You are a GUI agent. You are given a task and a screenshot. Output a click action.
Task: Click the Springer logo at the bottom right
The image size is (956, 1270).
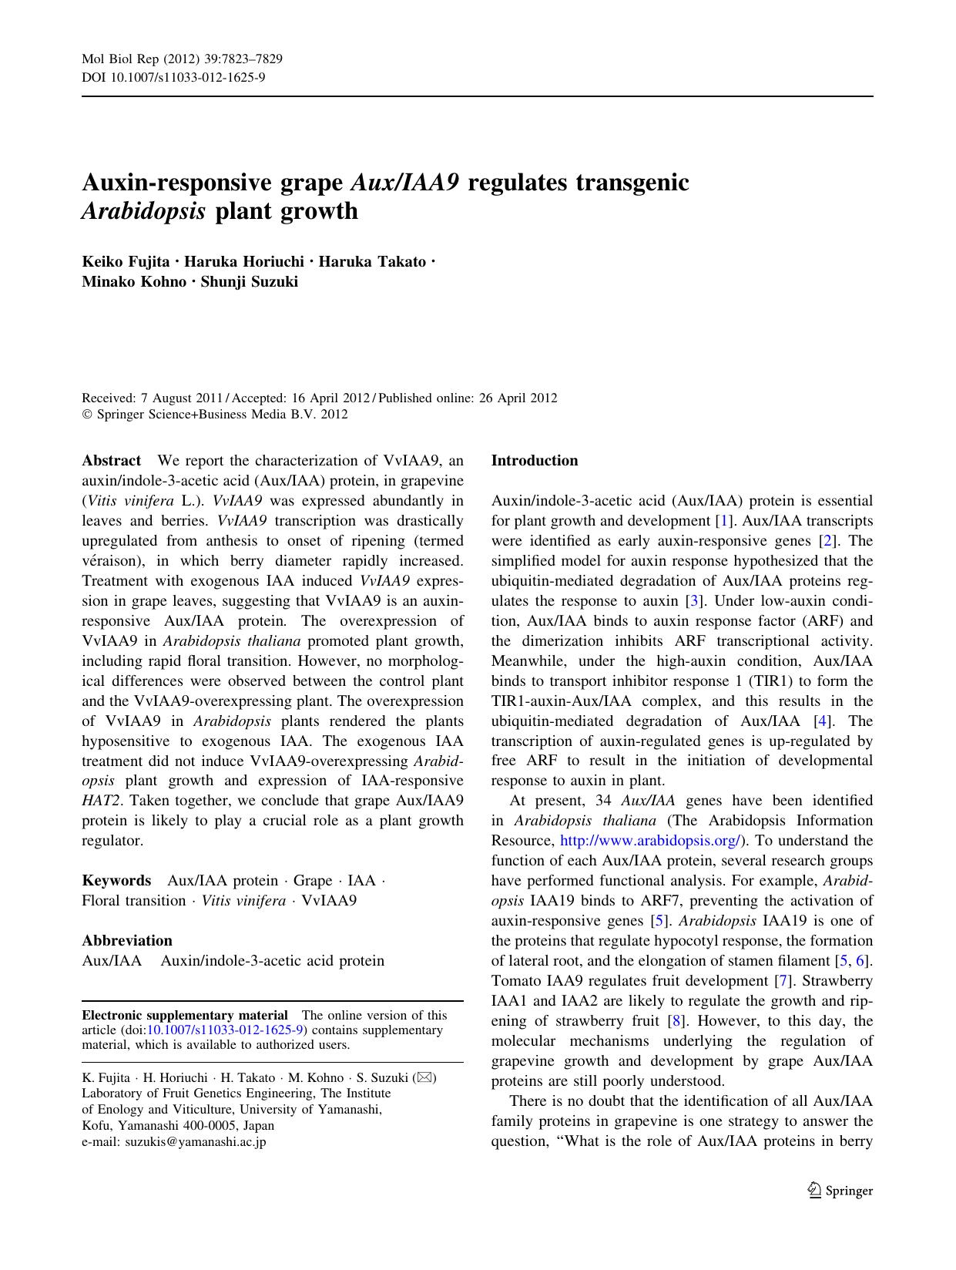(x=840, y=1191)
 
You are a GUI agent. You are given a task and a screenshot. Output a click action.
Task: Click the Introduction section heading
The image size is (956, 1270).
(x=535, y=461)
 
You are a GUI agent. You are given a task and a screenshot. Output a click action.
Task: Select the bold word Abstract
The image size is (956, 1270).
(x=112, y=461)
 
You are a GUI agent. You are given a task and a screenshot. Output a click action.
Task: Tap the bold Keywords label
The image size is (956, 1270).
(x=116, y=881)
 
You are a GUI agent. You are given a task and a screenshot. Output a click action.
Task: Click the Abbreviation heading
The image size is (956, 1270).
(x=127, y=940)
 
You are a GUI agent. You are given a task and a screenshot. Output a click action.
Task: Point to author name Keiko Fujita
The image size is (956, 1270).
(x=126, y=262)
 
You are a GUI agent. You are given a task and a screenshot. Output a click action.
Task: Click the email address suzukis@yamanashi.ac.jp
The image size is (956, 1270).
(x=174, y=1142)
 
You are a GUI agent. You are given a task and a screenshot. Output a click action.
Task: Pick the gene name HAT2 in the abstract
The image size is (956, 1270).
(x=96, y=801)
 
